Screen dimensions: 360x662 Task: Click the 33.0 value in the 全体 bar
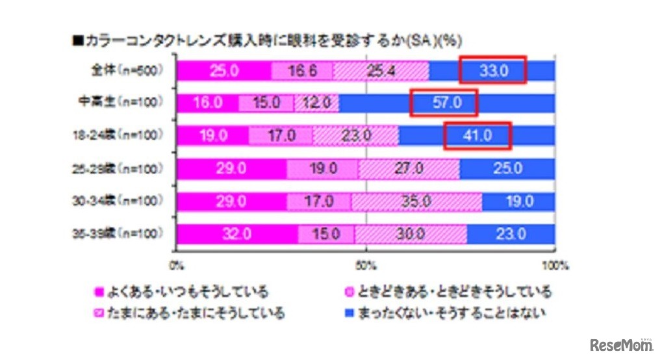pos(492,70)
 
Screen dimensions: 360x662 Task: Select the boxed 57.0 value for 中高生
pos(444,103)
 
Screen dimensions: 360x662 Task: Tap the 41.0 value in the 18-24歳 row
pos(477,136)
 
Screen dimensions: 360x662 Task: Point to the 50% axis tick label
pos(366,265)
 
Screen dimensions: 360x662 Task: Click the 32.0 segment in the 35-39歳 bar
pos(237,234)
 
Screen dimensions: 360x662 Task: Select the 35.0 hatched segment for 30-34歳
pos(416,201)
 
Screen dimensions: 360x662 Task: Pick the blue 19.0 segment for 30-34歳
pos(518,201)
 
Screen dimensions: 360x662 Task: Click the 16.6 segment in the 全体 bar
pos(301,70)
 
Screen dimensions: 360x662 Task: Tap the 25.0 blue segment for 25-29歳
pos(507,169)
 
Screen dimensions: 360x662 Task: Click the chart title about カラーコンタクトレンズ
pos(267,40)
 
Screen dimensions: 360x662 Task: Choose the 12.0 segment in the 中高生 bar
pos(316,103)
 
